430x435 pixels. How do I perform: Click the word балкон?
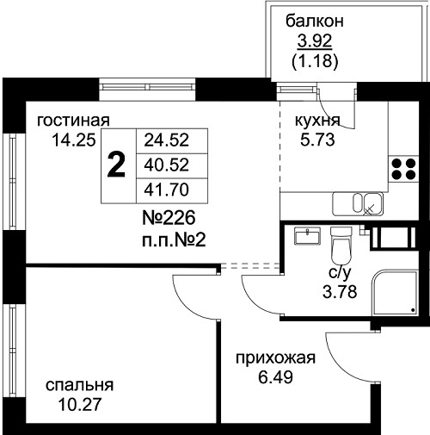click(315, 22)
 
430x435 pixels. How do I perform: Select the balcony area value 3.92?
click(315, 41)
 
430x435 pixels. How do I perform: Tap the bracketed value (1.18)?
click(315, 61)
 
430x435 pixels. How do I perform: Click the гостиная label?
click(73, 121)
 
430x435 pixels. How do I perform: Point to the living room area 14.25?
click(74, 140)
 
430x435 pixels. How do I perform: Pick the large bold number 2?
click(116, 165)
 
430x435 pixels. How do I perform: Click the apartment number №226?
click(169, 218)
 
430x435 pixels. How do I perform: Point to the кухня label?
click(317, 121)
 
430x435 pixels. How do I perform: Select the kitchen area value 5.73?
click(317, 140)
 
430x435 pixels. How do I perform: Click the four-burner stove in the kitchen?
click(403, 169)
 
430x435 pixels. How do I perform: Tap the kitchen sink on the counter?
click(358, 204)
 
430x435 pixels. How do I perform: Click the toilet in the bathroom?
click(341, 245)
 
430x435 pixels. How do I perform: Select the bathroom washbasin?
click(307, 235)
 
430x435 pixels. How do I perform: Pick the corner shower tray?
click(395, 293)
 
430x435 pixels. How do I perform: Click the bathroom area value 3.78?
click(340, 292)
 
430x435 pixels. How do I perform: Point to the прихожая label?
click(275, 358)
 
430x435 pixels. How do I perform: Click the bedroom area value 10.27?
click(80, 405)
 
